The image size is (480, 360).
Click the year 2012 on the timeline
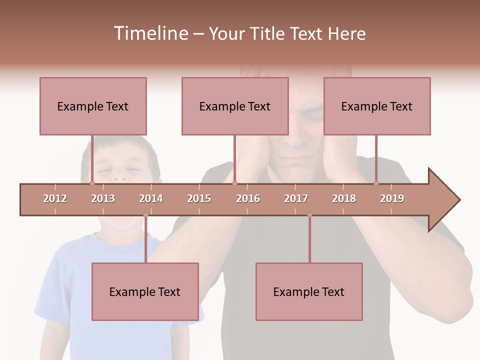(55, 198)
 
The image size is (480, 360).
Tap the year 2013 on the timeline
(103, 198)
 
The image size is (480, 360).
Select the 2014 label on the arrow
(151, 198)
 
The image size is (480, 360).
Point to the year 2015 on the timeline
(199, 198)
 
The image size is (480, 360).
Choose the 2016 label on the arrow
(248, 198)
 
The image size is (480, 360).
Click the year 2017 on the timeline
(296, 198)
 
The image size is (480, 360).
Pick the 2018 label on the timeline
(344, 198)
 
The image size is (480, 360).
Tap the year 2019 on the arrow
(392, 198)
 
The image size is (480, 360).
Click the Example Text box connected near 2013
(93, 106)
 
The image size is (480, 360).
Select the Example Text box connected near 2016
(235, 106)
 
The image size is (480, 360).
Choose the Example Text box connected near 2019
(377, 106)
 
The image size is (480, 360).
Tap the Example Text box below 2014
(145, 291)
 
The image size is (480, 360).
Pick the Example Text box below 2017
(309, 291)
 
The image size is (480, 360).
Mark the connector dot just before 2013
(92, 183)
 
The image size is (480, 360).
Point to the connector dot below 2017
(309, 215)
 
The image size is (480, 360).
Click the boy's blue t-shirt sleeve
(50, 295)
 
